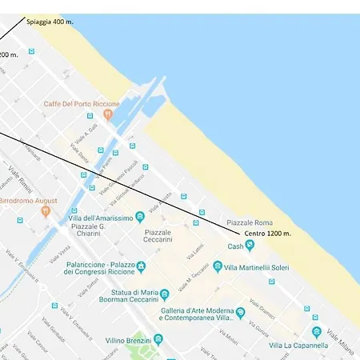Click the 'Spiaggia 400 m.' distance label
50,22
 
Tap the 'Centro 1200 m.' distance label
267,233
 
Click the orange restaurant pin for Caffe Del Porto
108,115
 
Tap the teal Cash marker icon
250,246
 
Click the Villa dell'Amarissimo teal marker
141,217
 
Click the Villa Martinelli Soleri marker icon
218,266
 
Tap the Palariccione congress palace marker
141,266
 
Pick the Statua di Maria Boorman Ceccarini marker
165,294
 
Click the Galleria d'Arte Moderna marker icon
240,313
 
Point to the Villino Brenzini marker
158,339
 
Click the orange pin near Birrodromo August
45,211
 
